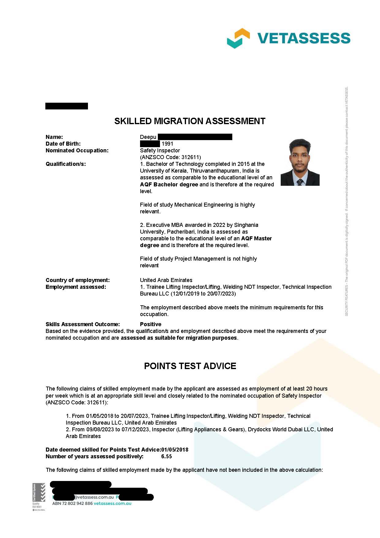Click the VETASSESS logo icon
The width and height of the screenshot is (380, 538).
point(238,38)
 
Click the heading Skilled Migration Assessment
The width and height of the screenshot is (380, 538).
point(190,121)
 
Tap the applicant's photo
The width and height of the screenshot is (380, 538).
point(300,162)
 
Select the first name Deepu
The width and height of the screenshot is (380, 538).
point(148,137)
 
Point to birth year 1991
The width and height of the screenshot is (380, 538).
point(167,144)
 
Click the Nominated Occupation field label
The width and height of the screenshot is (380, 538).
point(77,151)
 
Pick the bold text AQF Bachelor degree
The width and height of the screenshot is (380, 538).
point(169,185)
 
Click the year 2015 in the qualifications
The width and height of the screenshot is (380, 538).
point(244,164)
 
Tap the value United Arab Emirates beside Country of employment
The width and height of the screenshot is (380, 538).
point(166,280)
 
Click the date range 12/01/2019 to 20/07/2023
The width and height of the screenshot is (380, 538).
point(203,294)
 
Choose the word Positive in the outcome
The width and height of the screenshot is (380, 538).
point(150,324)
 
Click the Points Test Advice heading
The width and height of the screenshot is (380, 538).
point(190,366)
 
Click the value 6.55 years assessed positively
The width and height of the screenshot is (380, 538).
point(166,456)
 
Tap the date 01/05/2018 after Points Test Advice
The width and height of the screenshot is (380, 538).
point(175,450)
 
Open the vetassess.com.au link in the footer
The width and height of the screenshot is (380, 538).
point(112,503)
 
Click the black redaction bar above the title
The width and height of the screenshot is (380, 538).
point(66,106)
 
